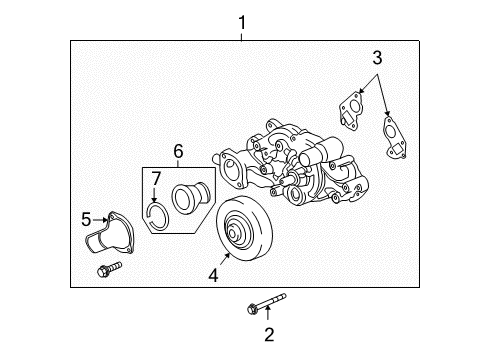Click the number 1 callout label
click(241, 20)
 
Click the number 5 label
click(87, 217)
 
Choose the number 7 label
click(155, 179)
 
